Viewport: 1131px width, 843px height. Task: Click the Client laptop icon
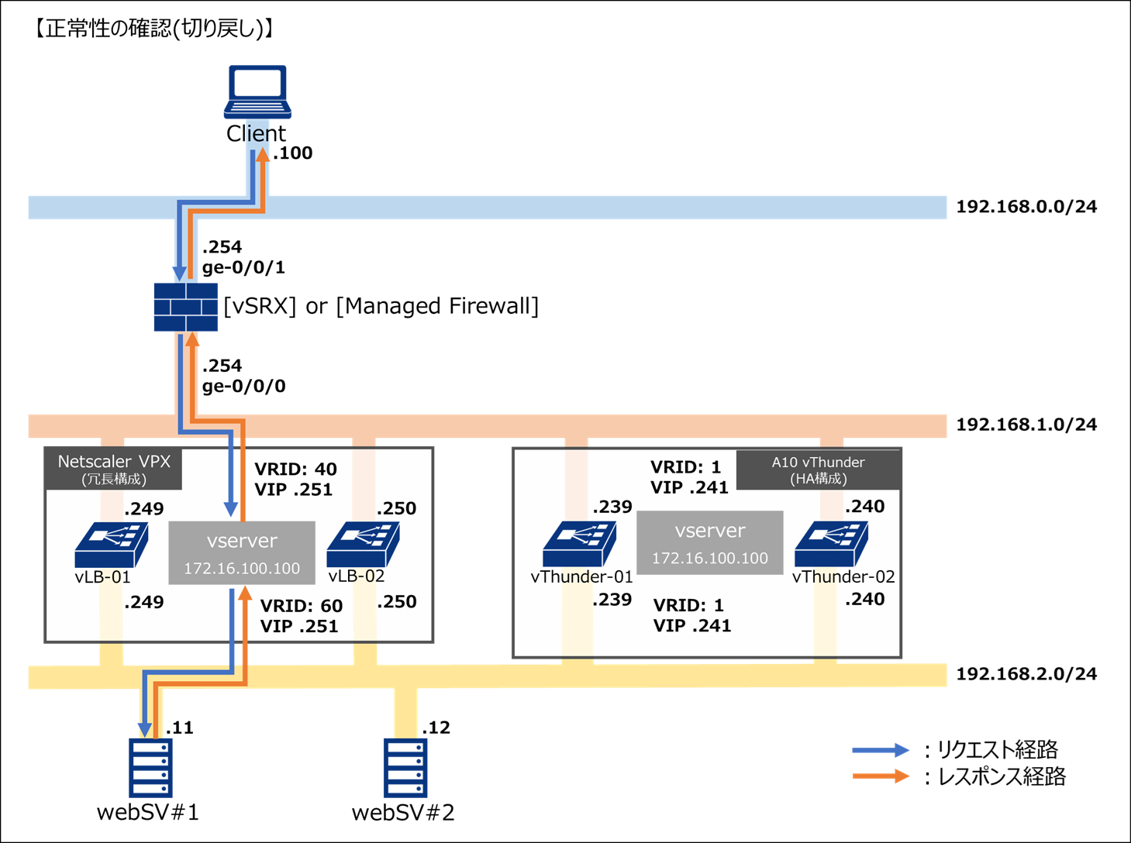[x=257, y=91]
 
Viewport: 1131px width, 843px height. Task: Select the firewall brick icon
[x=185, y=307]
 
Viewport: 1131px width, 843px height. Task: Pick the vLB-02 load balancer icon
[x=363, y=544]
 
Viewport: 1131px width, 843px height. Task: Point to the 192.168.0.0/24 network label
[x=1026, y=207]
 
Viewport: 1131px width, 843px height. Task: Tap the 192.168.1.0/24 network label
[x=1026, y=425]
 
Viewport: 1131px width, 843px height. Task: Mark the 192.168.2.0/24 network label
[x=1026, y=674]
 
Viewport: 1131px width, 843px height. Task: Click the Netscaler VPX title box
[x=113, y=469]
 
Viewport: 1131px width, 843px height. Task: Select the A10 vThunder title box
[x=818, y=470]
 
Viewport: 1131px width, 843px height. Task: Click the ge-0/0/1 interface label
[x=243, y=268]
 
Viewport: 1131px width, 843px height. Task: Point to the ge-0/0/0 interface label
[x=243, y=386]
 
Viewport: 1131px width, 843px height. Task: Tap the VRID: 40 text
[x=295, y=470]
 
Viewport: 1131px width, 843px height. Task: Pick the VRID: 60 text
[x=301, y=606]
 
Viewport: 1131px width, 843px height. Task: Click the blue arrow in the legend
[x=880, y=750]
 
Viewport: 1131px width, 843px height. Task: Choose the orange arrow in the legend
[x=880, y=776]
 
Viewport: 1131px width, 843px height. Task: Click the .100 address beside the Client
[x=293, y=153]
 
